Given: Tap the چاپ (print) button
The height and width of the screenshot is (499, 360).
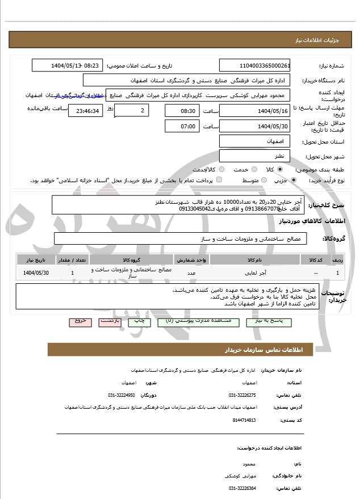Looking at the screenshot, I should [x=139, y=321].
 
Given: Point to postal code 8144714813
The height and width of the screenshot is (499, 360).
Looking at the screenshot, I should [x=245, y=420].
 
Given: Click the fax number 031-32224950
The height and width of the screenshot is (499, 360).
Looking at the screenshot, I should [x=121, y=395].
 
